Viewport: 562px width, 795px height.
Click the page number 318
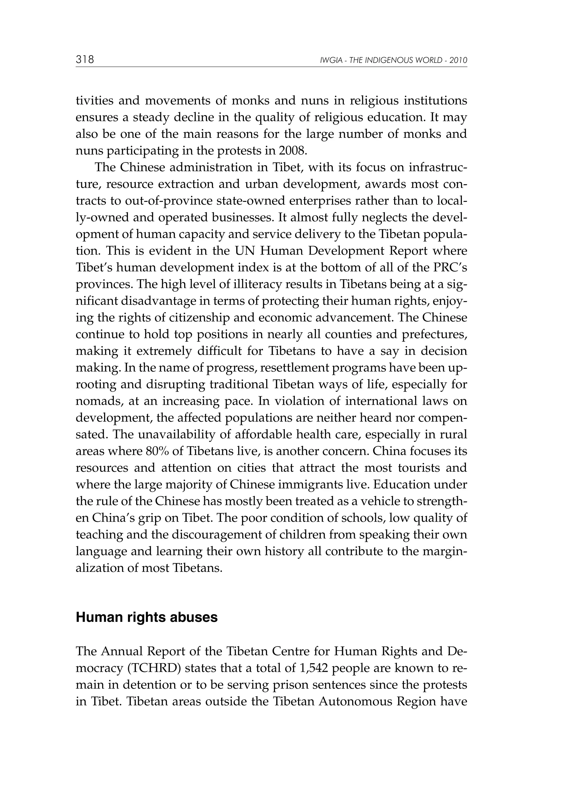[x=85, y=60]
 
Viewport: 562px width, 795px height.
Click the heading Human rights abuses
[x=147, y=617]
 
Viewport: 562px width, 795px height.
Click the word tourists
[x=419, y=468]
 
